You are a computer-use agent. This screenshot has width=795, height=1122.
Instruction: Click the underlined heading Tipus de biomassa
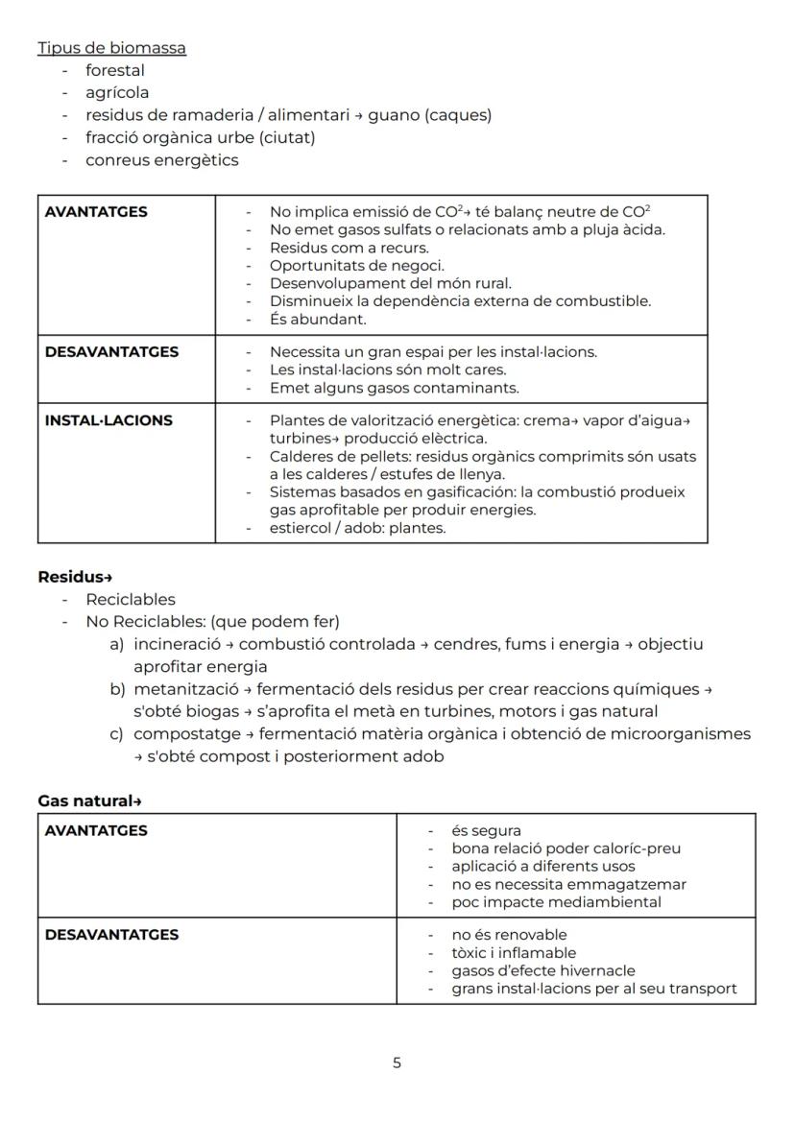click(111, 48)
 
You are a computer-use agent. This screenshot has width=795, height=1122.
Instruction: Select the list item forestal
click(115, 70)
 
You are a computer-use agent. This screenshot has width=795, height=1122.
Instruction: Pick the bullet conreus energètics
click(161, 160)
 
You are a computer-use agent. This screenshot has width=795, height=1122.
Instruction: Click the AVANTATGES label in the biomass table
click(96, 212)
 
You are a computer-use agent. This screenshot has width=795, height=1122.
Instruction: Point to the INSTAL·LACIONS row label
click(108, 420)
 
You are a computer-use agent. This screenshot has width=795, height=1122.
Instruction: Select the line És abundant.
click(304, 320)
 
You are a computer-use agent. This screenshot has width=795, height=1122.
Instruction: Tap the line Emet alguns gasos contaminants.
click(394, 388)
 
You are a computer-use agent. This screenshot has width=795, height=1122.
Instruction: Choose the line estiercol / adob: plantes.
click(357, 528)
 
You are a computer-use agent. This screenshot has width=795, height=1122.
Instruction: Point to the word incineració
click(177, 644)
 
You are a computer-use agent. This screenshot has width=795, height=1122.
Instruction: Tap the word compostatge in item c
click(180, 734)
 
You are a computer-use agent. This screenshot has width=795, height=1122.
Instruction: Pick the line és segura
click(486, 831)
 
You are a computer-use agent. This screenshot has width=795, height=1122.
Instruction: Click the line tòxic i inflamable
click(514, 953)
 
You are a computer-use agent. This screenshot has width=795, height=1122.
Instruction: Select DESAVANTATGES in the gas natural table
click(111, 935)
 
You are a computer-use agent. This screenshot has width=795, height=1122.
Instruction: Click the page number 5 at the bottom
click(397, 1062)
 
